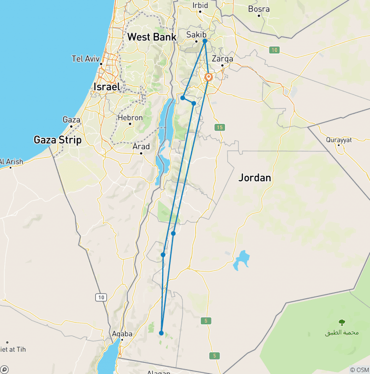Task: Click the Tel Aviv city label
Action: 85,59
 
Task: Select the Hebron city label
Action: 130,118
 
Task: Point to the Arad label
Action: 141,147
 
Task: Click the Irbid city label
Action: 200,6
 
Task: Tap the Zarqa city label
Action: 223,59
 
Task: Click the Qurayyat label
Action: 339,140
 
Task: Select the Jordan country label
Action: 255,178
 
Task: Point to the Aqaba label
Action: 122,334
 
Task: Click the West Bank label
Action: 152,37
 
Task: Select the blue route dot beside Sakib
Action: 205,41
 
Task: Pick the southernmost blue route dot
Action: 161,333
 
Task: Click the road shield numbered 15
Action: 220,127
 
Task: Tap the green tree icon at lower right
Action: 342,322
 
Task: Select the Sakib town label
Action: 196,35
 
